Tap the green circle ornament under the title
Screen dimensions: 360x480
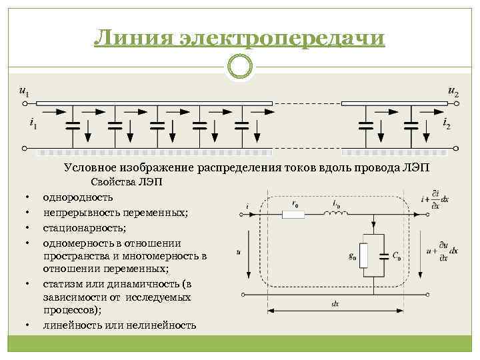[x=239, y=67]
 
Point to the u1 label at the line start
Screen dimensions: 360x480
[x=24, y=92]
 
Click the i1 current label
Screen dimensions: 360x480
[x=33, y=123]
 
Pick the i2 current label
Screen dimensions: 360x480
[x=446, y=123]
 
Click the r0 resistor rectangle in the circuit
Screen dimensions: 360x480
[x=293, y=214]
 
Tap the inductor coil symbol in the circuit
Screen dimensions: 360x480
[x=335, y=213]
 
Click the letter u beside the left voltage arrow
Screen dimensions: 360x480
[x=238, y=252]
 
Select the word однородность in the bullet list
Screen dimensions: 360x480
[x=78, y=197]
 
